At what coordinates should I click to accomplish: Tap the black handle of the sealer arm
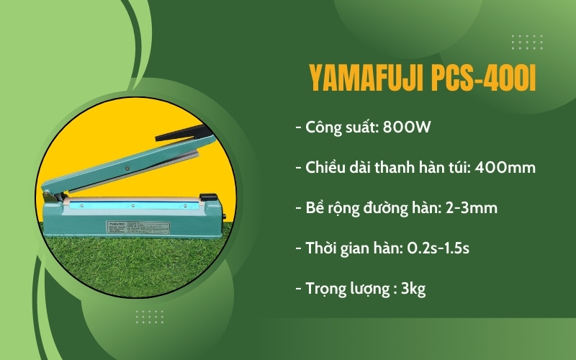coord(183,132)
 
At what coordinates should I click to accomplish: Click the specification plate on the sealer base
coord(133,225)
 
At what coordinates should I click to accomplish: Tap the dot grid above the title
coord(526,42)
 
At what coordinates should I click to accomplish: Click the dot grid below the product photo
coord(149,316)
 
